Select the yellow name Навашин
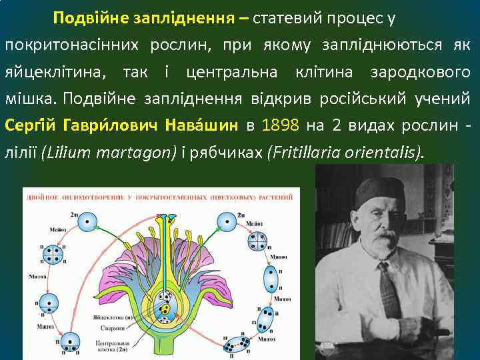203,125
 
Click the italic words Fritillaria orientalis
344,153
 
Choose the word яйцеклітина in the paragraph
57,71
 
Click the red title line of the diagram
160,197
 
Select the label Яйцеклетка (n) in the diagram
117,318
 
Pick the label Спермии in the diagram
114,328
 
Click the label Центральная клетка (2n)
114,343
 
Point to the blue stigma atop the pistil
172,216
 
